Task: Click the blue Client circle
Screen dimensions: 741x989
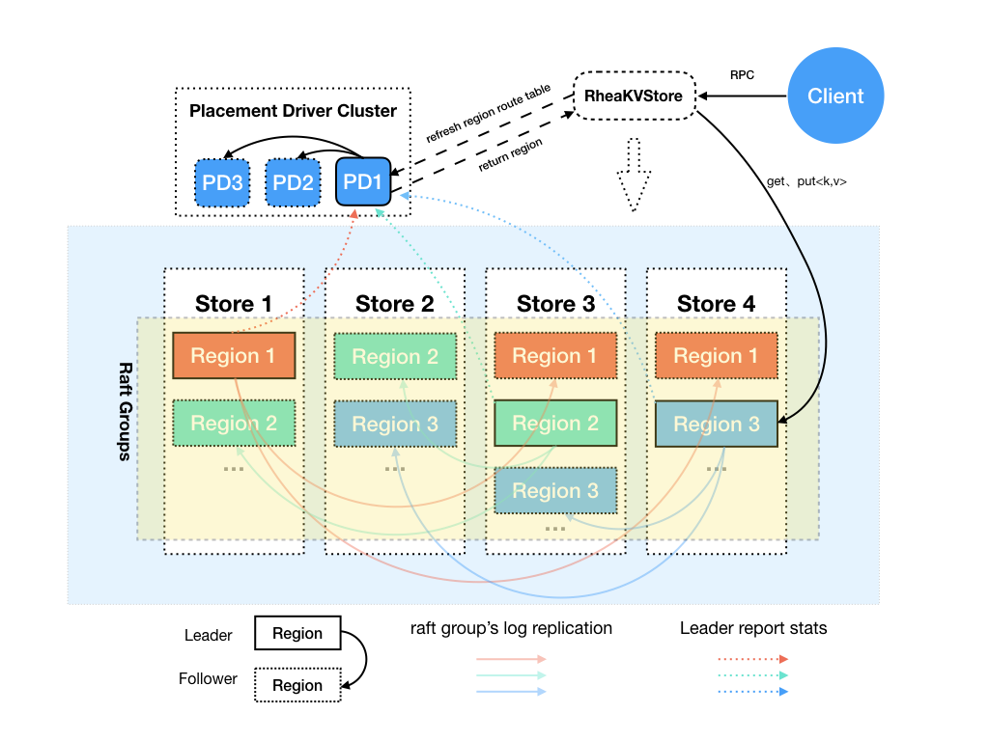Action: [835, 96]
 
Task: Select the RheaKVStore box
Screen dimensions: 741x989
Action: [634, 96]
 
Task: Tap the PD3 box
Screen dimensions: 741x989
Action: [222, 182]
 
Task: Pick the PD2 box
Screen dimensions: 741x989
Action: [293, 182]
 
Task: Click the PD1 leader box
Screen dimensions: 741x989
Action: [363, 181]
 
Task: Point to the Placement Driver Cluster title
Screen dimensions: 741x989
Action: [293, 111]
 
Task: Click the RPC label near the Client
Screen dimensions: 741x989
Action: [742, 75]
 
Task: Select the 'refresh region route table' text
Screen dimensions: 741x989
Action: [488, 114]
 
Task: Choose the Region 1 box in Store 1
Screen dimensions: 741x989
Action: [233, 355]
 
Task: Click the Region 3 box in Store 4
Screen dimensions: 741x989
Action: [716, 425]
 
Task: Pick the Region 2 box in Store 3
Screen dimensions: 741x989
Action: [555, 423]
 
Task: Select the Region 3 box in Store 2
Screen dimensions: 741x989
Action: [394, 424]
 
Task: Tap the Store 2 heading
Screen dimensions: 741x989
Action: [394, 304]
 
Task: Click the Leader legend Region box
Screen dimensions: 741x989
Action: [297, 633]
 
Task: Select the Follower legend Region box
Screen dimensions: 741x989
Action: [297, 685]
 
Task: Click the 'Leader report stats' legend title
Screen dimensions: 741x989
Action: [753, 628]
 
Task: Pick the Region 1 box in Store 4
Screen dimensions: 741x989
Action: [716, 355]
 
